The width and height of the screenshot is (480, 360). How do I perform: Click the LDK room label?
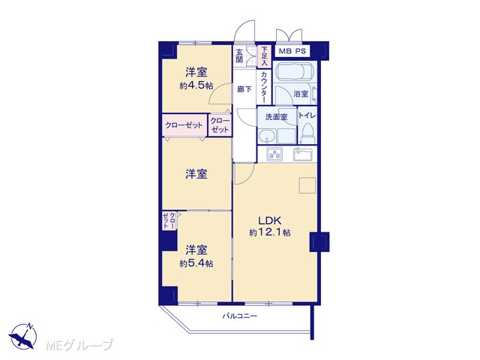point(270,220)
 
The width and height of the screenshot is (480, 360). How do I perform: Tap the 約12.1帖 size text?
point(270,232)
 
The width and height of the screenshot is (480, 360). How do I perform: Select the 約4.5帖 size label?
point(196,85)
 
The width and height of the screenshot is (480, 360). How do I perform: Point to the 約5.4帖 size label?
point(196,263)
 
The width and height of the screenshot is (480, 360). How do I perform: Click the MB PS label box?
point(292,51)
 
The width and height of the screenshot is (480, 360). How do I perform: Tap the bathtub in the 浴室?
point(296,72)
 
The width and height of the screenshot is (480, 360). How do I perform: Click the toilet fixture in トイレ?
point(307,134)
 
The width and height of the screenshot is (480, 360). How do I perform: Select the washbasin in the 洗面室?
point(267,136)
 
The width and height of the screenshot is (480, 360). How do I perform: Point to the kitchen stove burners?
point(275,154)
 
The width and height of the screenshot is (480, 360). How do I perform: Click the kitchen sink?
point(303,154)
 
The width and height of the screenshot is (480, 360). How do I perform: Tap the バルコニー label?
point(240,316)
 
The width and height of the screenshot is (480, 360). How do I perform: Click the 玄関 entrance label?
point(240,55)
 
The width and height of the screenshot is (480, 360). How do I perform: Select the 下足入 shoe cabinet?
point(264,56)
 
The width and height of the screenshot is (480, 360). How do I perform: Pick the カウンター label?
point(264,87)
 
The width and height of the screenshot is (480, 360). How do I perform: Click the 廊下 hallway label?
point(244,89)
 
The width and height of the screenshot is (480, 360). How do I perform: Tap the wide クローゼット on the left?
point(184,125)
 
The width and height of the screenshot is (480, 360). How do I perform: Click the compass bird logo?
point(23,336)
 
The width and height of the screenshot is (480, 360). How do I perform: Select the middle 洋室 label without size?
point(196,174)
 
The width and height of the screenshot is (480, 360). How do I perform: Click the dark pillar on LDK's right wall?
point(319,241)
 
